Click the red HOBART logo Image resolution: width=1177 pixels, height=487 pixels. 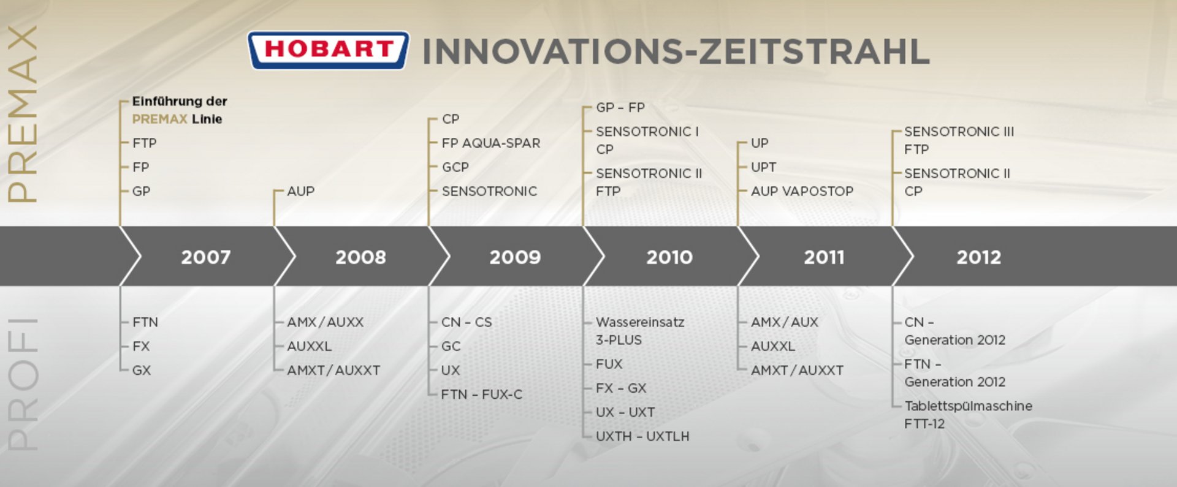coord(329,50)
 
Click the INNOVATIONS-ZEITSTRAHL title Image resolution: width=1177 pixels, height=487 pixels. coord(676,51)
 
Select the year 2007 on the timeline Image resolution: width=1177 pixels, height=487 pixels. coord(206,257)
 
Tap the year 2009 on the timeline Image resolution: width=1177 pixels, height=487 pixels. coord(515,257)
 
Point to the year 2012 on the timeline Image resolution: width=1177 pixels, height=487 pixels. coord(978,257)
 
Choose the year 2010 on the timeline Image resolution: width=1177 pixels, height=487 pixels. coord(669,257)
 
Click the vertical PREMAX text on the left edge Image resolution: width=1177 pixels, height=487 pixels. coord(23,114)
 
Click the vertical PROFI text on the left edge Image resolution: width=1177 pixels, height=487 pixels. coord(23,385)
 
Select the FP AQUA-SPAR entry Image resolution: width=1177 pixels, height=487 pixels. coord(491,143)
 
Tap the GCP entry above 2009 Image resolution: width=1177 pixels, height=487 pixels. coord(455,167)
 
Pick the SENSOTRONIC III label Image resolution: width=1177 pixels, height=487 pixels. coord(959,132)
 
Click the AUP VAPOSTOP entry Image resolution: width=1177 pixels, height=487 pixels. coord(802,191)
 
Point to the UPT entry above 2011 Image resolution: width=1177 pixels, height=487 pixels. coord(764,167)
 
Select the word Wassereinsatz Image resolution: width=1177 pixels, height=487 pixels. coord(640,322)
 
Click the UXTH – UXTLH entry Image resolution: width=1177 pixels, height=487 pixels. coord(642,436)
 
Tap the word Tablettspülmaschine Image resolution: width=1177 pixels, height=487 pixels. coord(969,406)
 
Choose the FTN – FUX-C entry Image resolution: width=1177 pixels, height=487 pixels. coord(482,395)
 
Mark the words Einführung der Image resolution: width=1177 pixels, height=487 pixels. coord(180,101)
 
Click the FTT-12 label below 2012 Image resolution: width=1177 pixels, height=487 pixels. coord(924,424)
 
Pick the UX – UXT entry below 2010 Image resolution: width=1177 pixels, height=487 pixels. coord(625,412)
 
